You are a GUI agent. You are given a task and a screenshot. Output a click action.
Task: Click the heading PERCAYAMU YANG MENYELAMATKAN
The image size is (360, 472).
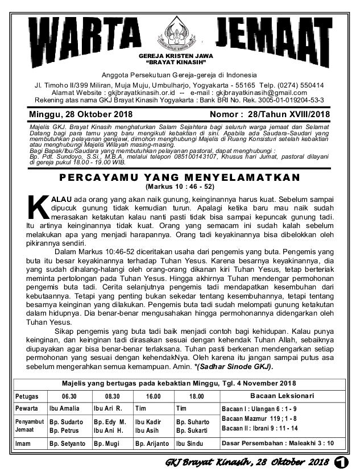[x=179, y=177]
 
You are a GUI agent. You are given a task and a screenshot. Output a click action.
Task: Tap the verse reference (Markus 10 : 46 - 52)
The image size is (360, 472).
[x=179, y=187]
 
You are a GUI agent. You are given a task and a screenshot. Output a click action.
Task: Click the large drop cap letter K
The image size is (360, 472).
[x=39, y=209]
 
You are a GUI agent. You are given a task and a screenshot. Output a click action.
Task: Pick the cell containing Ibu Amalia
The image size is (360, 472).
[x=64, y=409]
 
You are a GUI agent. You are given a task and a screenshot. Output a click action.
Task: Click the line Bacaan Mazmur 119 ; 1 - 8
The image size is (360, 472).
[x=259, y=419]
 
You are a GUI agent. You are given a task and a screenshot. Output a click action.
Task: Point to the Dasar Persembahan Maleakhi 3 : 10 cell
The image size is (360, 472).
[x=277, y=443]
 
